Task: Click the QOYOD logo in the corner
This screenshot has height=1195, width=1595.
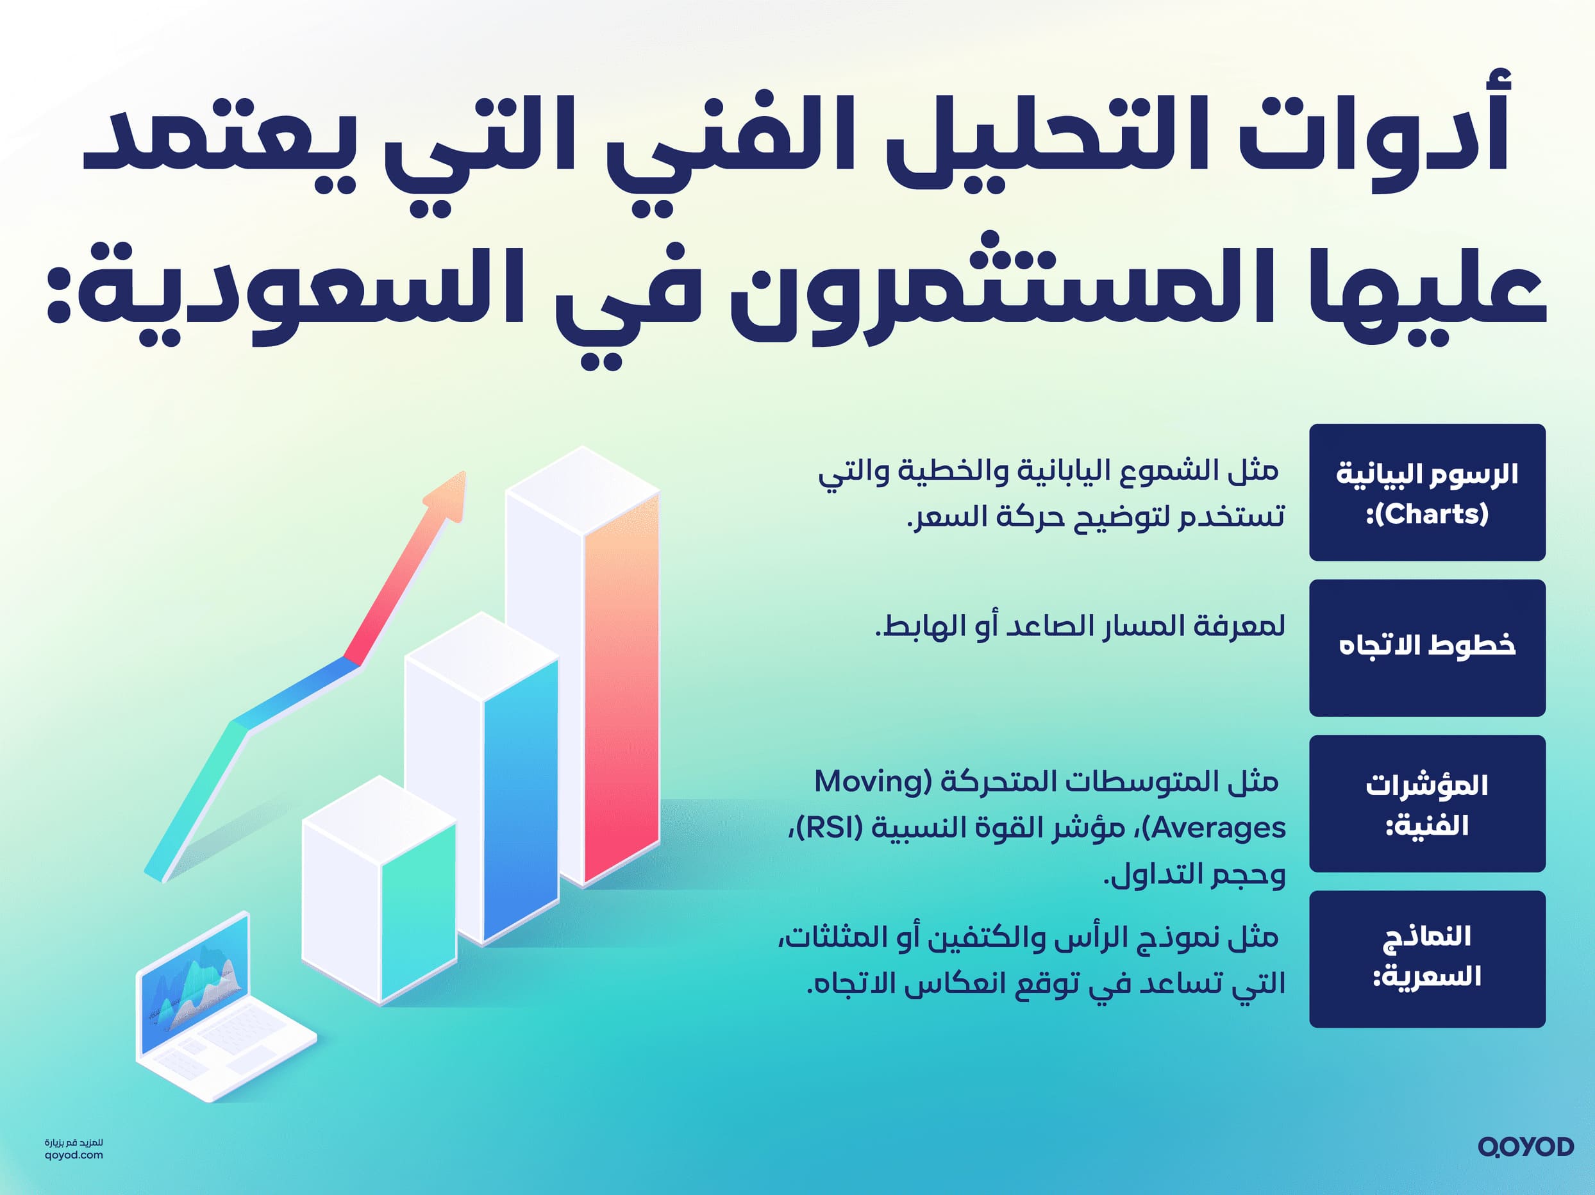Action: [x=1525, y=1147]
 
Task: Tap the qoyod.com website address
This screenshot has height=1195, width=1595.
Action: [x=74, y=1155]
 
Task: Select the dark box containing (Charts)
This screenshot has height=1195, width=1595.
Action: [x=1427, y=492]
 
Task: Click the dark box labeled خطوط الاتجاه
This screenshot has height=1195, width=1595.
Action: [x=1427, y=648]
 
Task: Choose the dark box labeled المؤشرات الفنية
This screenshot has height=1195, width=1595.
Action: [x=1427, y=803]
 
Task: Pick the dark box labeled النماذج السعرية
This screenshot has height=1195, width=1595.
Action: [x=1427, y=958]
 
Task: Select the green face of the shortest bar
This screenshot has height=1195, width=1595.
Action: [x=418, y=912]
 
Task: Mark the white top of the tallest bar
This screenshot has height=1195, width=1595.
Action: [x=583, y=490]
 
